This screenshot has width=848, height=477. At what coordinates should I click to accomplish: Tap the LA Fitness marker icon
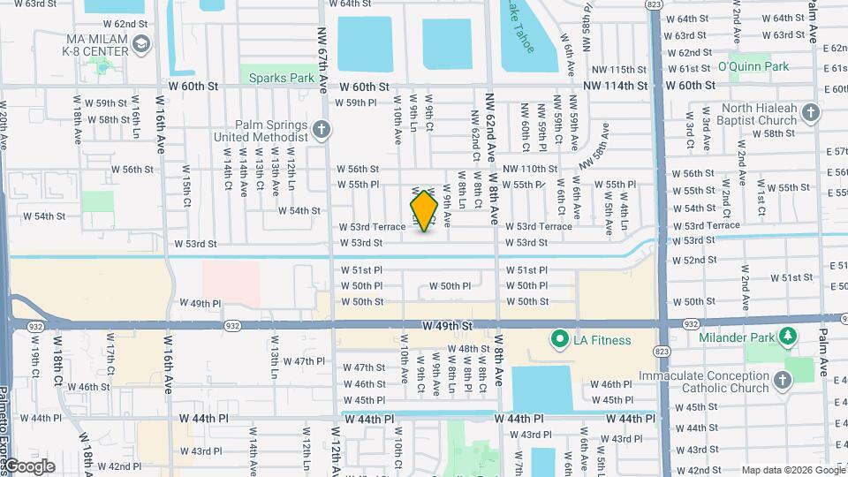(x=558, y=339)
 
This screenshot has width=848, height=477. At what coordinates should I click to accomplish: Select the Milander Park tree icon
(x=787, y=336)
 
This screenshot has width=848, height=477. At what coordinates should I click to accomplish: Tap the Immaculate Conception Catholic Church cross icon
(x=781, y=380)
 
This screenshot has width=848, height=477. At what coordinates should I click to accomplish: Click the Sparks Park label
(x=282, y=78)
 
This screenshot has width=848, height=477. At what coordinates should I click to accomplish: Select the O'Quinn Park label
(x=753, y=66)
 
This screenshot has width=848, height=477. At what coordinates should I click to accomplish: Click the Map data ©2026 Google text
(x=793, y=470)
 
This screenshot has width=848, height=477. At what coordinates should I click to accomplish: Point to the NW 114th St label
(x=616, y=86)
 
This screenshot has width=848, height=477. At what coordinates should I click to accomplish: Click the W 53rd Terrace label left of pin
(x=372, y=227)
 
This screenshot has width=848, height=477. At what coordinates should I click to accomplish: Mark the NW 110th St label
(x=530, y=169)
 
